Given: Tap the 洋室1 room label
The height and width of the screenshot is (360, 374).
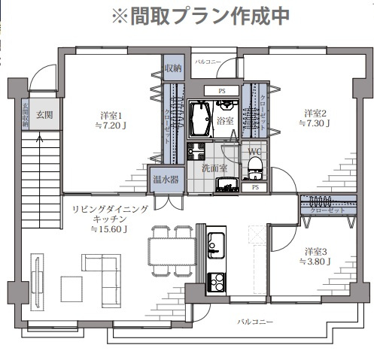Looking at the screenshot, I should pyautogui.click(x=111, y=115).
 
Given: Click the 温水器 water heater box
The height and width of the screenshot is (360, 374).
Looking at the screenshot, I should pyautogui.click(x=165, y=180).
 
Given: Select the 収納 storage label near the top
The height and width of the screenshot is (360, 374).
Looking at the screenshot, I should pyautogui.click(x=172, y=68).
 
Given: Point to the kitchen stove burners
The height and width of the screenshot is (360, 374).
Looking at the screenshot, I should pyautogui.click(x=215, y=283).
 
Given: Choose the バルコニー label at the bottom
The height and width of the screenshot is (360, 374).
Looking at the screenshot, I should pyautogui.click(x=256, y=322).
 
